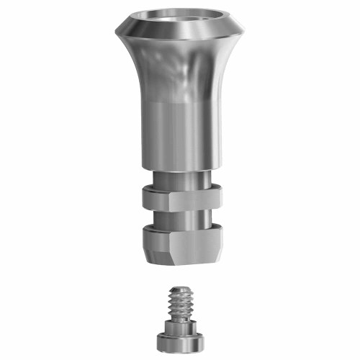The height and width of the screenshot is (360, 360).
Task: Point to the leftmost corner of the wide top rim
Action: coord(114,31)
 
